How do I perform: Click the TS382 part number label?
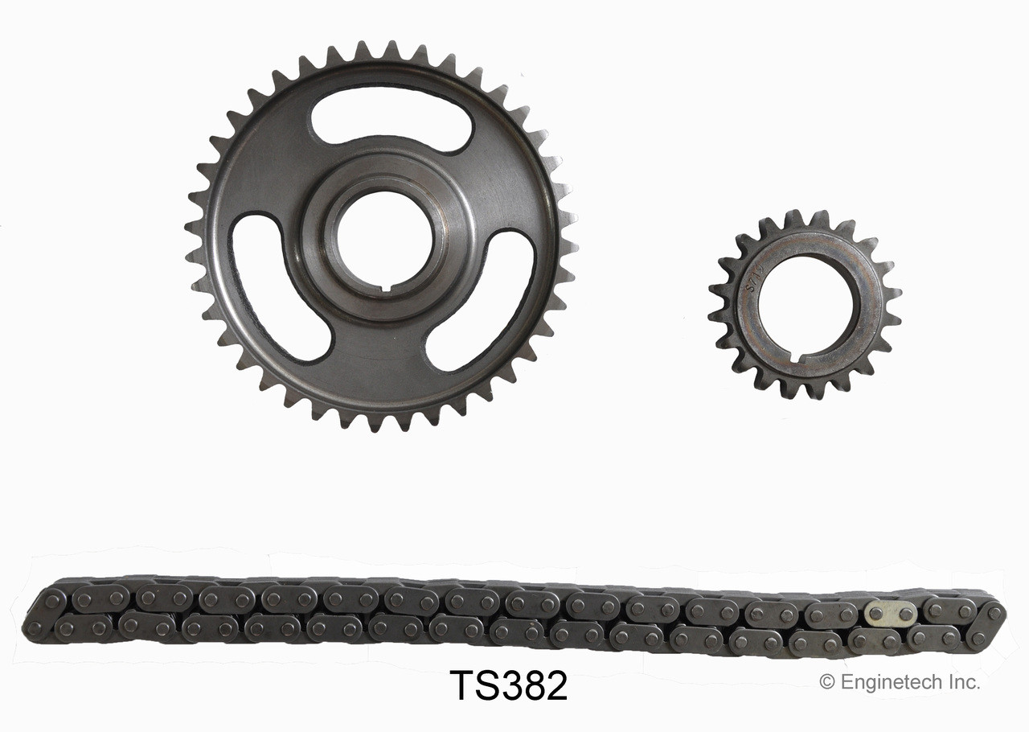[x=508, y=685]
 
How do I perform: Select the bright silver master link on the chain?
[x=890, y=614]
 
